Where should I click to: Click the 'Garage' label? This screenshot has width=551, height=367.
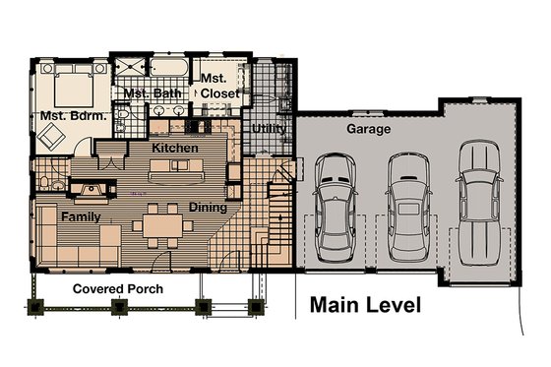click(369, 129)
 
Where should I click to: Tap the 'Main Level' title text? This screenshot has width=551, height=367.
click(365, 305)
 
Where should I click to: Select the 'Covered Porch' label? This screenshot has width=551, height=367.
click(118, 288)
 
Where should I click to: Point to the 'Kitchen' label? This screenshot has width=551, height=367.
click(175, 148)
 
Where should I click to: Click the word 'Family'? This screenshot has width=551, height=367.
click(82, 214)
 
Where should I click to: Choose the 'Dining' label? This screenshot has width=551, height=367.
click(208, 208)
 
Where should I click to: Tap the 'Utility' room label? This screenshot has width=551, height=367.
click(269, 129)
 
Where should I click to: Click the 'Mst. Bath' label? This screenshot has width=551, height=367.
click(149, 93)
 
